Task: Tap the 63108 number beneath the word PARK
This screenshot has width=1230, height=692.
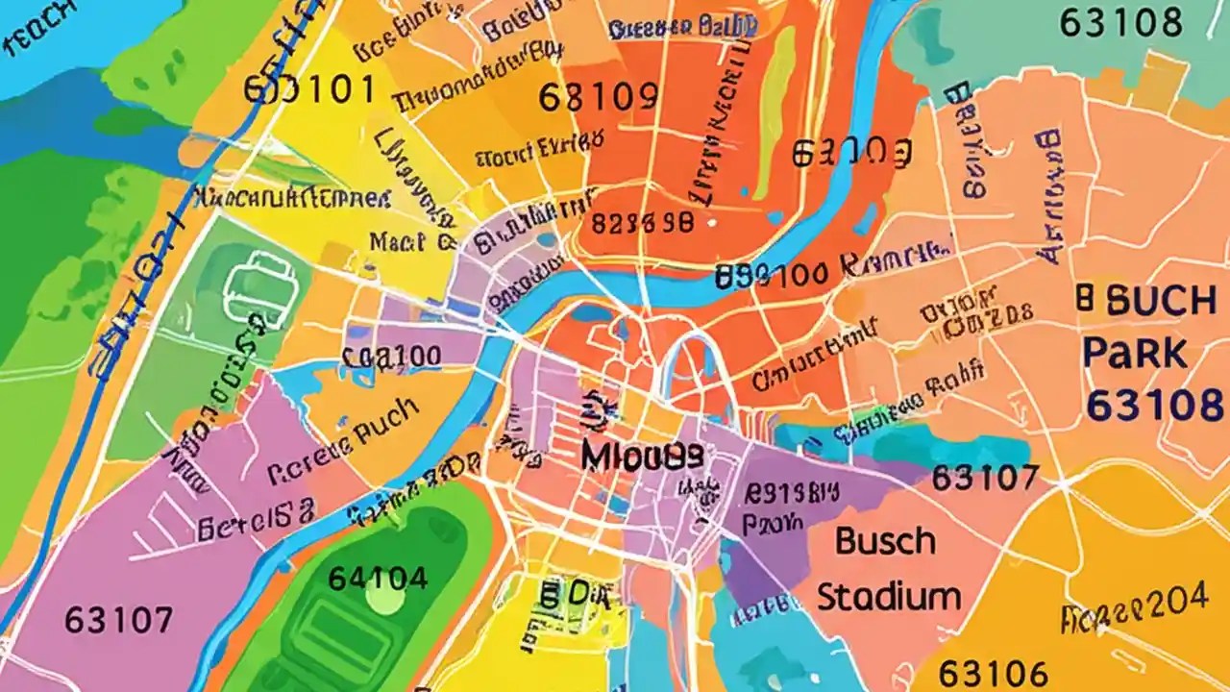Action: pos(1153,406)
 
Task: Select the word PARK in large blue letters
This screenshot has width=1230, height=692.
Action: pos(1134,354)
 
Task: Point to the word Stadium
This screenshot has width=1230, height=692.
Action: pos(889,597)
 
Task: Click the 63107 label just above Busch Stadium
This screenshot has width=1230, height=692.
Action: pos(985,477)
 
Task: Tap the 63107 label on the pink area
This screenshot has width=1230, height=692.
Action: pos(119,620)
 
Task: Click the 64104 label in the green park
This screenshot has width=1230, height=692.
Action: pos(377,578)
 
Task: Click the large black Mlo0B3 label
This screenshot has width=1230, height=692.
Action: pos(641,457)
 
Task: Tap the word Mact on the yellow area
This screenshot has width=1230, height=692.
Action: pos(399,242)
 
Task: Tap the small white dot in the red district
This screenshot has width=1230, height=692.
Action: pos(712,222)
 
